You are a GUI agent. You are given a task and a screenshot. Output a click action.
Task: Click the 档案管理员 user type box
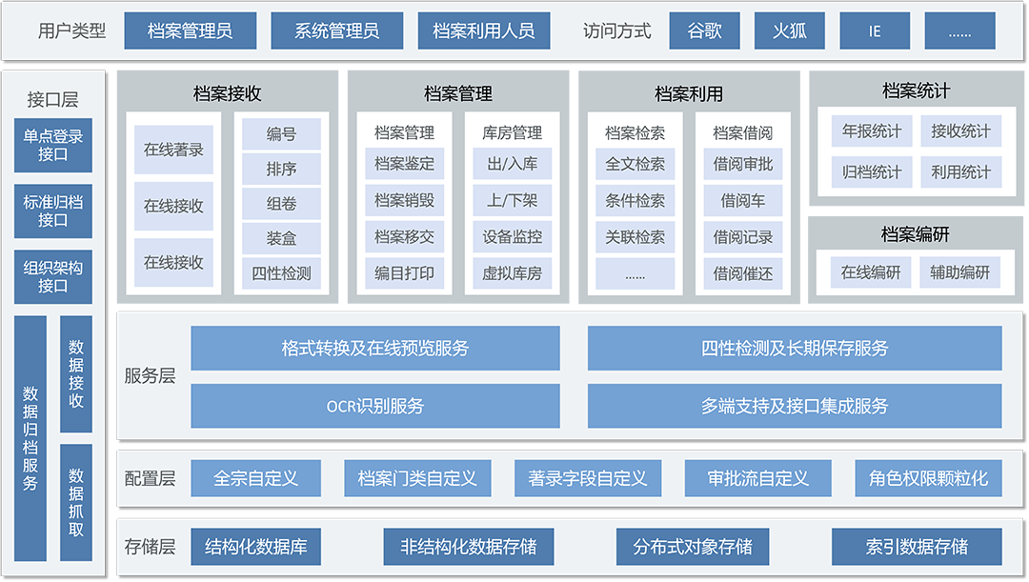point(190,30)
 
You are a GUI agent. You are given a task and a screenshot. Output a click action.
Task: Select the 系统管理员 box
point(336,30)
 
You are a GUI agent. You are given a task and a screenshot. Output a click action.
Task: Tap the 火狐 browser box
point(790,30)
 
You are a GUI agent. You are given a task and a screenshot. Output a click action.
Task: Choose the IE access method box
point(875,30)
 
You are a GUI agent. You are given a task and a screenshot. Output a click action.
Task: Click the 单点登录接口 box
point(53,145)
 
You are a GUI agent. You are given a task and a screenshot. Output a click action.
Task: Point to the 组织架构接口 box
point(53,276)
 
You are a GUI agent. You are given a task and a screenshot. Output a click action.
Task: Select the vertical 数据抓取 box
point(76,501)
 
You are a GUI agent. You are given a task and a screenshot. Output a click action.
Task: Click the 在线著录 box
point(173,150)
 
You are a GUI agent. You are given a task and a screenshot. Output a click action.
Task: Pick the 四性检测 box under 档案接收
point(281,273)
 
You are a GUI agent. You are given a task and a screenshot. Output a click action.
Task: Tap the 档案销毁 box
point(404,200)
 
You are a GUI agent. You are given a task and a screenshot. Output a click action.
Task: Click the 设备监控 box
point(512,236)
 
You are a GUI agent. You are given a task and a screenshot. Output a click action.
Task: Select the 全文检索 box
point(635,164)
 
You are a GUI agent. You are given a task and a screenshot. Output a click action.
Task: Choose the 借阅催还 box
point(743,273)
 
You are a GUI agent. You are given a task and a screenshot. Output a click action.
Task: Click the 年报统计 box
point(871,131)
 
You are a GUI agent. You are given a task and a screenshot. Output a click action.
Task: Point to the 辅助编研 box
point(960,272)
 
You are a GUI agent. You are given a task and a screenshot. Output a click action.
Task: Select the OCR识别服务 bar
point(374,406)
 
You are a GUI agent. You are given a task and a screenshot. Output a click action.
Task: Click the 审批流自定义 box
point(757,478)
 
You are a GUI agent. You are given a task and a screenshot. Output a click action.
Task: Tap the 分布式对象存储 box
point(693,547)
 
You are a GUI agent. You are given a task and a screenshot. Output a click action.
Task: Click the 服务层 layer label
point(150,375)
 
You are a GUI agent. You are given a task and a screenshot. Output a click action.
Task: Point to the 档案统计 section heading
point(916,91)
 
